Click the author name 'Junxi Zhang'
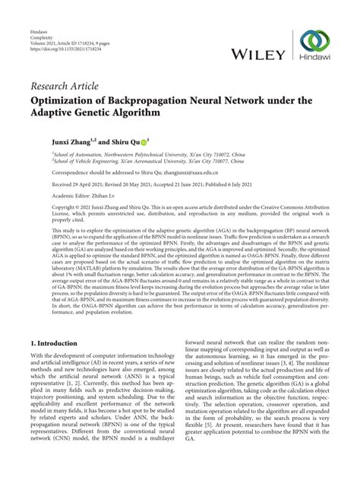(53, 140)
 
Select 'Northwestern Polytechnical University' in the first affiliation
(136, 154)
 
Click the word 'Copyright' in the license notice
(44, 207)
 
